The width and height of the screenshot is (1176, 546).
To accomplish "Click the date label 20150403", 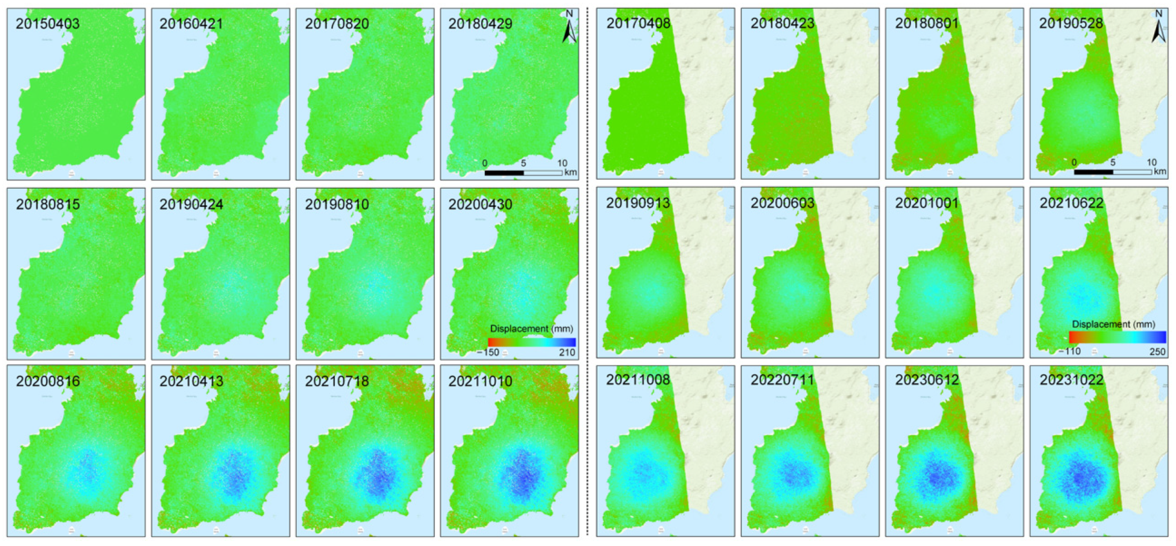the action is point(48,24).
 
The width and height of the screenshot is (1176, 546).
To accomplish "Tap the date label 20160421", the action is point(191,24).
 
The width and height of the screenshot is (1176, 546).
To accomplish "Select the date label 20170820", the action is point(336,24).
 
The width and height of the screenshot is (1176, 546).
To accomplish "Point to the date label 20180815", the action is point(48,205).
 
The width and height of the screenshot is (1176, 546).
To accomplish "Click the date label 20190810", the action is point(336,205).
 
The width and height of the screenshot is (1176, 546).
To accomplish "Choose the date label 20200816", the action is point(48,381).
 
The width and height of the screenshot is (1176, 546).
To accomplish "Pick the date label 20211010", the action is point(480,381).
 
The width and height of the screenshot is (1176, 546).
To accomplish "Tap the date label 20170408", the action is point(638,23).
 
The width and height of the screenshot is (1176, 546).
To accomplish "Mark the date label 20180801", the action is point(926,23).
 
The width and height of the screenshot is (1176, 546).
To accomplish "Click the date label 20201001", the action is point(926,203).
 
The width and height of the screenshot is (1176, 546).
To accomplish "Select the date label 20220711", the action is point(782,380).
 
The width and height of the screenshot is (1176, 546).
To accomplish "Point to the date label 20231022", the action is point(1071,380).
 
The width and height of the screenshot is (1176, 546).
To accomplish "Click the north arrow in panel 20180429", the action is point(569,28).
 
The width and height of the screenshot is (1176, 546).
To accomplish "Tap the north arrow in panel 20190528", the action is point(1158,28).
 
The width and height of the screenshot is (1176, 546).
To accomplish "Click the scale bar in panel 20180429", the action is point(523,173).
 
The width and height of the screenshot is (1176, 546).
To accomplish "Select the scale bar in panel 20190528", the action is point(1113,172).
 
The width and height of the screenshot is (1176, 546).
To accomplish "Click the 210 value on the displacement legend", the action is point(567,352).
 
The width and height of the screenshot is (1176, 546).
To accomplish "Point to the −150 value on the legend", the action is point(488,352).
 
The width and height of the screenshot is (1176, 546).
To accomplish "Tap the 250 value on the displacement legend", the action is point(1157,351).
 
